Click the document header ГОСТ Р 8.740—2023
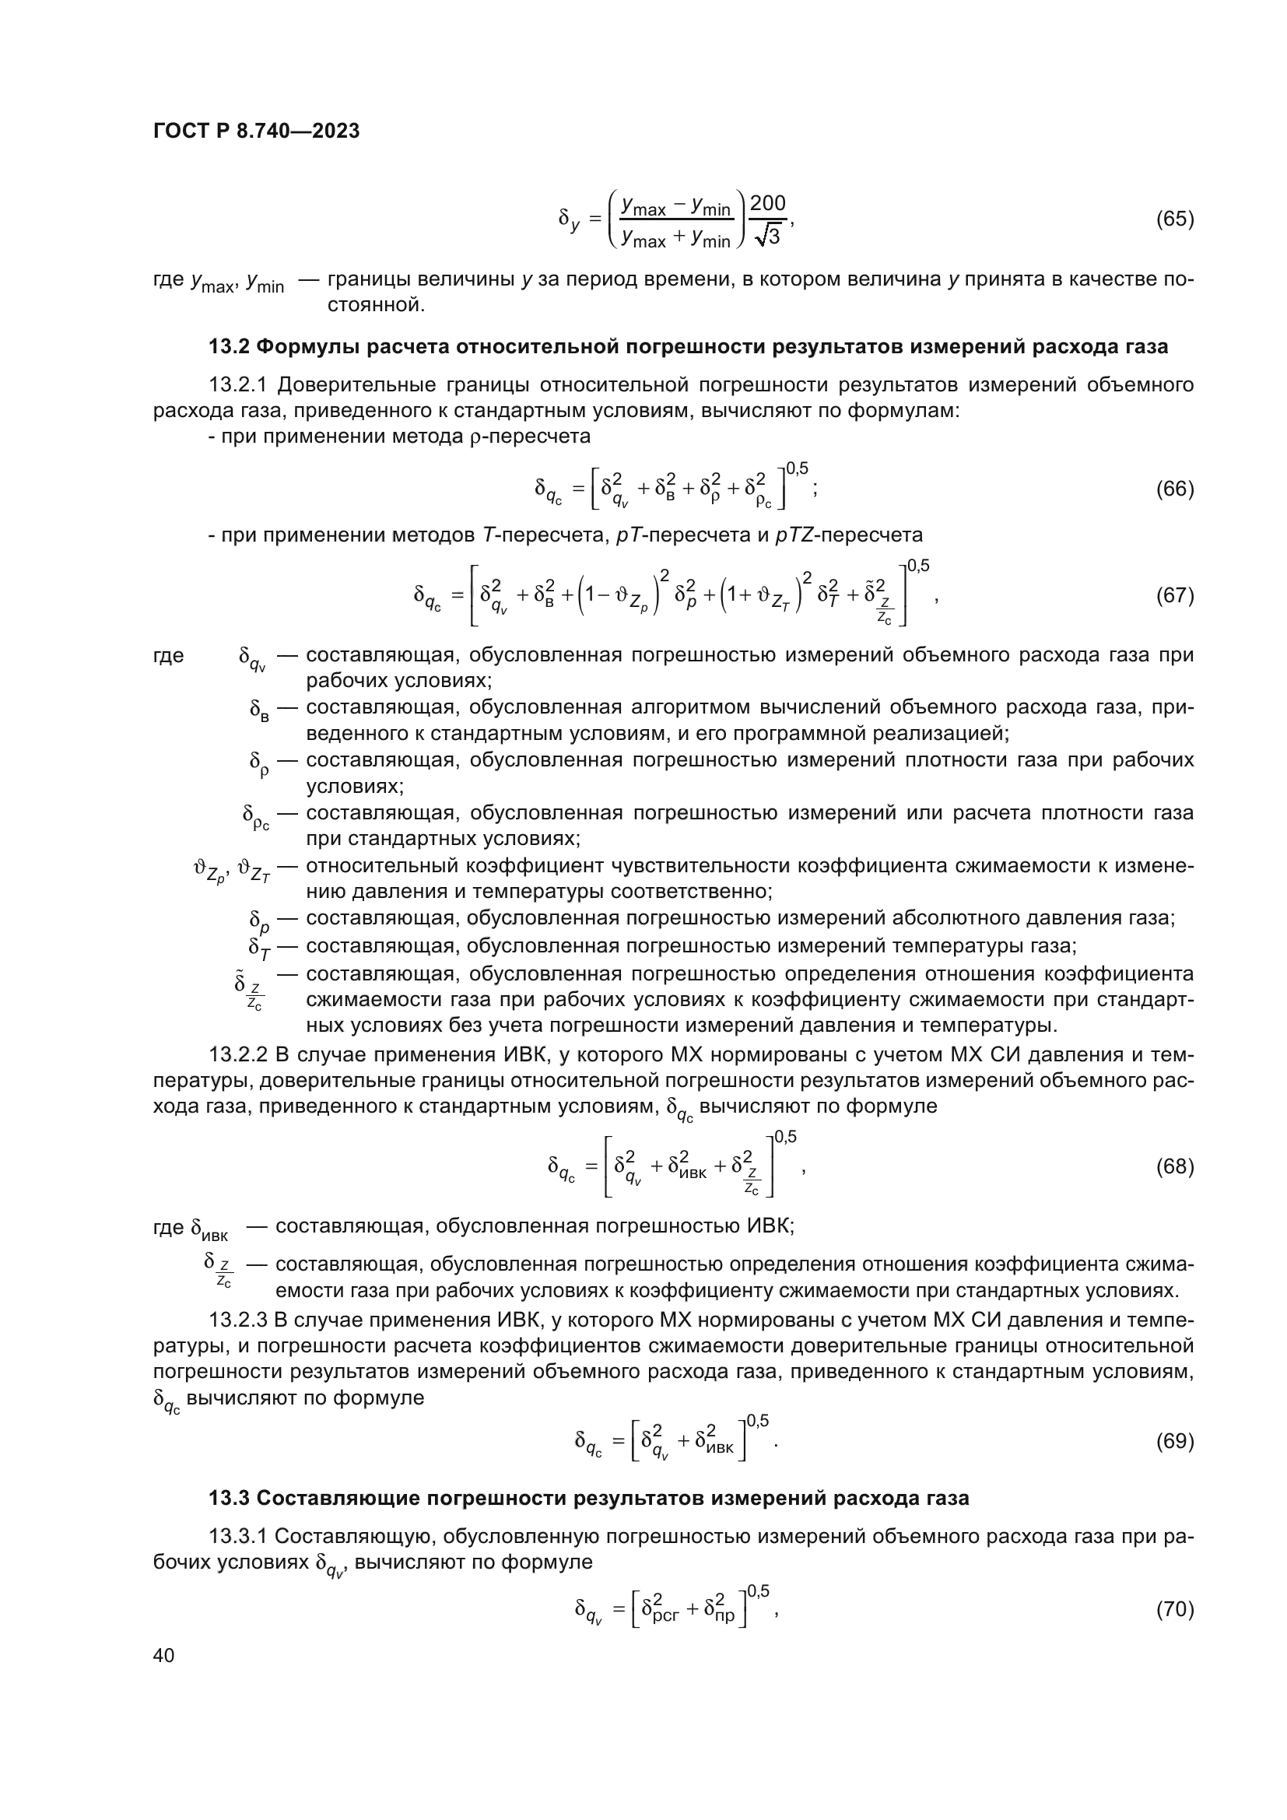click(x=256, y=131)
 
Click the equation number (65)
click(x=1174, y=219)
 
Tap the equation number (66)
click(x=1174, y=489)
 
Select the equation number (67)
click(x=1174, y=595)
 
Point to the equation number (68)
click(x=1174, y=1167)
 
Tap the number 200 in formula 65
click(x=767, y=204)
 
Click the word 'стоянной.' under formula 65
click(x=376, y=305)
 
